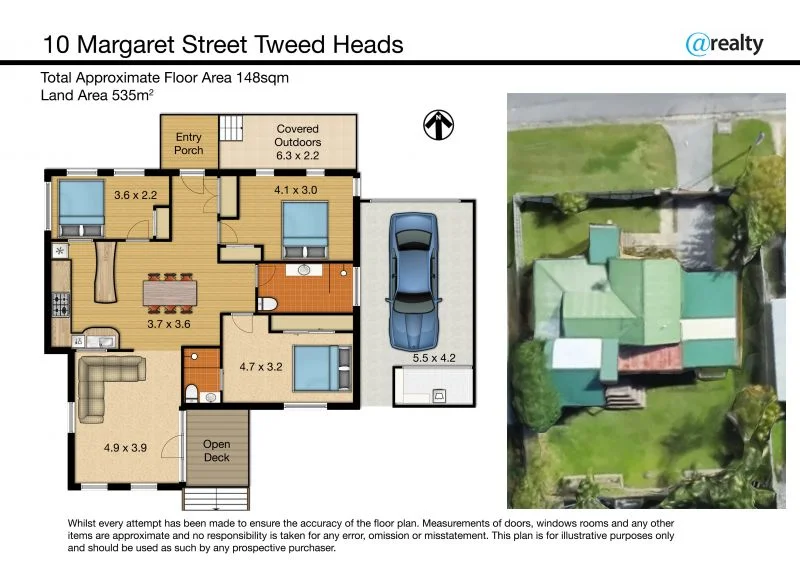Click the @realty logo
click(724, 43)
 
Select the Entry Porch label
click(189, 144)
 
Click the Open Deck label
click(216, 451)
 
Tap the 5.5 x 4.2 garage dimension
click(433, 356)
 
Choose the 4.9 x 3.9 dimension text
click(126, 448)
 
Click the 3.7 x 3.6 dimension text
click(168, 324)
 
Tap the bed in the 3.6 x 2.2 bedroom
click(78, 208)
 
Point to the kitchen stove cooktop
click(60, 300)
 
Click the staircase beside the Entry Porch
click(231, 129)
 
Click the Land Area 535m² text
click(96, 95)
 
